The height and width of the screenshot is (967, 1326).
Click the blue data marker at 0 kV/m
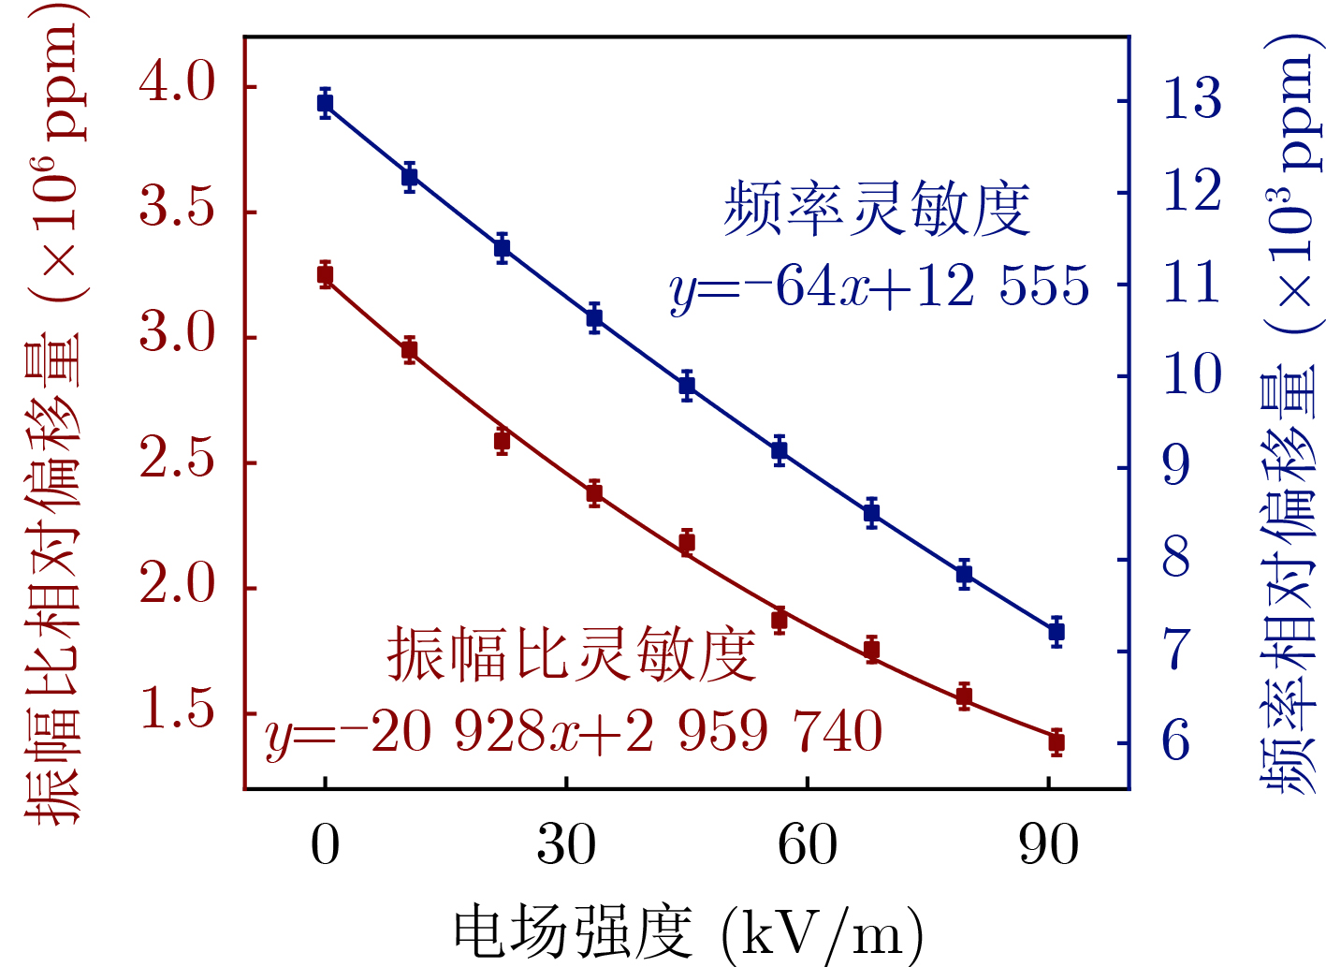(x=325, y=103)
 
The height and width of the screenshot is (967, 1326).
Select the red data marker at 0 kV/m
(x=325, y=275)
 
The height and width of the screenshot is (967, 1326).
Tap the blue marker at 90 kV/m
(x=1056, y=632)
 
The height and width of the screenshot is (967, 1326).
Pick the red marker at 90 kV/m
(x=1056, y=742)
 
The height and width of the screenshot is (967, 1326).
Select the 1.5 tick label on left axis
(x=177, y=710)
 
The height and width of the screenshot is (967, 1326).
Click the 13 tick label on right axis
(x=1191, y=98)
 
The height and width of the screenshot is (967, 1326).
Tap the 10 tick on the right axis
(x=1191, y=374)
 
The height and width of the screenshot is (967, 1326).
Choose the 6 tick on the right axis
(x=1176, y=741)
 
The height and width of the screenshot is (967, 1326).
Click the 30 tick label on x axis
(x=566, y=845)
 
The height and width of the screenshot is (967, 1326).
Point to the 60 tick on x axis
(x=807, y=845)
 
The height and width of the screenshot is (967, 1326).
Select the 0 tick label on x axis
(x=325, y=845)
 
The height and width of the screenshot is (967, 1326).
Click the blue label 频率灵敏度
(x=877, y=209)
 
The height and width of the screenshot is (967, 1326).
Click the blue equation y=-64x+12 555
(x=880, y=286)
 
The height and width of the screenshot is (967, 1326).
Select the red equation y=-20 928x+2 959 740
(x=574, y=732)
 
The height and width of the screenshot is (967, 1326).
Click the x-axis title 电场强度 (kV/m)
(x=688, y=932)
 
